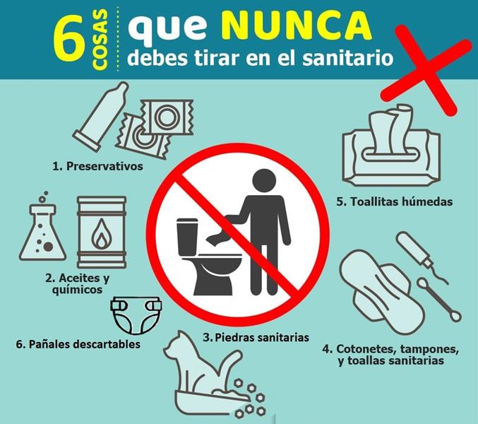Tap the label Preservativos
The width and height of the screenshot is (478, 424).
point(97,167)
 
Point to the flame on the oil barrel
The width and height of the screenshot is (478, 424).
point(102,233)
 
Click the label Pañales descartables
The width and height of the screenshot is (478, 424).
point(78,344)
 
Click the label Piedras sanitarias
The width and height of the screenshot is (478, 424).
point(256,338)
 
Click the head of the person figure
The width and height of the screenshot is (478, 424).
point(265,181)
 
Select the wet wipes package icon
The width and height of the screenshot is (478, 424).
point(391,146)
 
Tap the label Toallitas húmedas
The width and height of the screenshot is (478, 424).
point(395,201)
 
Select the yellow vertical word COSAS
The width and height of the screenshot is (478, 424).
point(100,40)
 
